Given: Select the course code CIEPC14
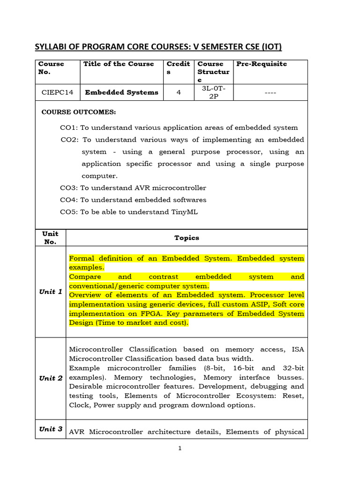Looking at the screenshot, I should (58, 92).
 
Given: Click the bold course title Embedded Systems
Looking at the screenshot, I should (121, 92).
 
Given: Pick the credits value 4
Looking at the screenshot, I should (179, 92).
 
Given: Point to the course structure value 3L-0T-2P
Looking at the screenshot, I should (214, 92).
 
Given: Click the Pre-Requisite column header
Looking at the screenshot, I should (262, 64).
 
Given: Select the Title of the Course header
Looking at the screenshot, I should (119, 64).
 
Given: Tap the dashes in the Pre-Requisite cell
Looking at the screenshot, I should (270, 93).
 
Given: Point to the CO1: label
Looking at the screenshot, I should (69, 127).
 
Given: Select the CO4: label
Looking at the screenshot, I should (69, 200).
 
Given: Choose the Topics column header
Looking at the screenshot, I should (187, 238).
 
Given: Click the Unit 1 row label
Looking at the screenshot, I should (51, 292).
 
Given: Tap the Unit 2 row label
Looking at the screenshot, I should (51, 378).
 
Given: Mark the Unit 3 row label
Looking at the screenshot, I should (51, 429).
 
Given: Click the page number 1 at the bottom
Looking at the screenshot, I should (180, 448).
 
